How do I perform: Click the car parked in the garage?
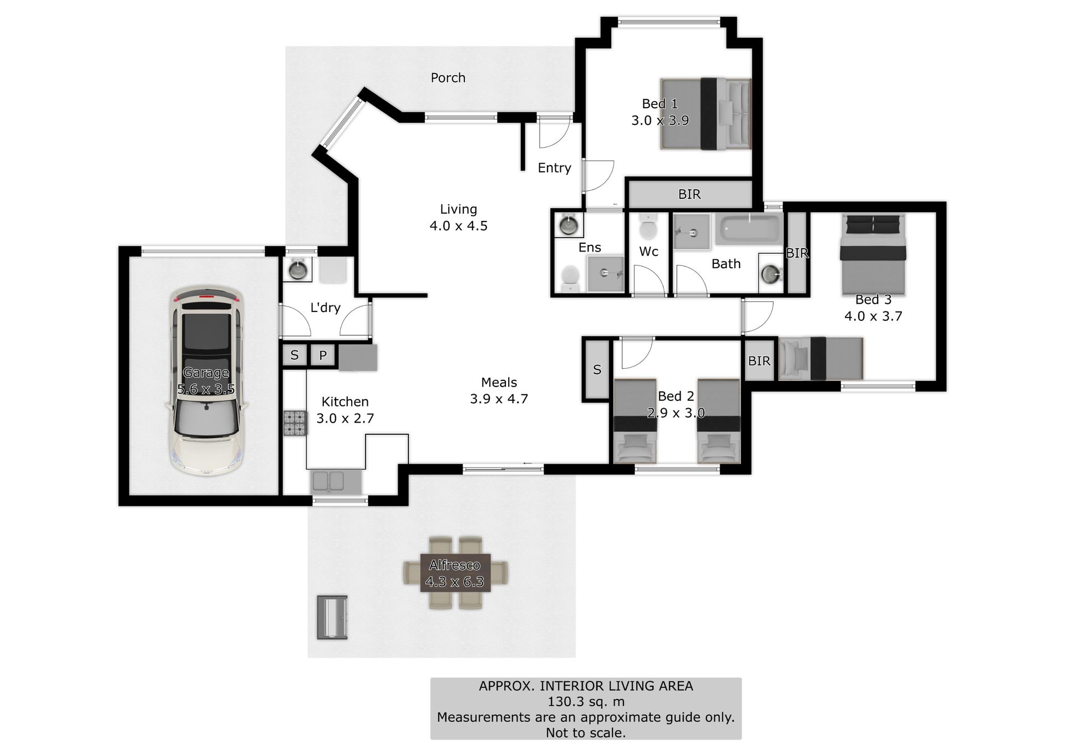point(206,380)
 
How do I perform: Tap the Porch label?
point(448,78)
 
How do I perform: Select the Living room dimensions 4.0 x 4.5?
point(459,226)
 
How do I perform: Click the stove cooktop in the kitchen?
point(295,423)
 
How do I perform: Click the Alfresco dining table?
point(455,573)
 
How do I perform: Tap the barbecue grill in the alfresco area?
point(332,617)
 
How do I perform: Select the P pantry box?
point(323,355)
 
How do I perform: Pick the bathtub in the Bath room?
point(749,229)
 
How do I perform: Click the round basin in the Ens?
point(569,225)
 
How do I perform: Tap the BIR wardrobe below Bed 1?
point(689,194)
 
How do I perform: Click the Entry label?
point(554,168)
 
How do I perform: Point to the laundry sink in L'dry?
point(298,270)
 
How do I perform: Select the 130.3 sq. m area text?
point(586,701)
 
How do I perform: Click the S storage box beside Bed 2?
point(597,369)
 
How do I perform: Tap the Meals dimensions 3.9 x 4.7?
point(499,399)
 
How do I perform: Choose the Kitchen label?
point(345,401)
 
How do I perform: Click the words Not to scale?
point(586,733)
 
